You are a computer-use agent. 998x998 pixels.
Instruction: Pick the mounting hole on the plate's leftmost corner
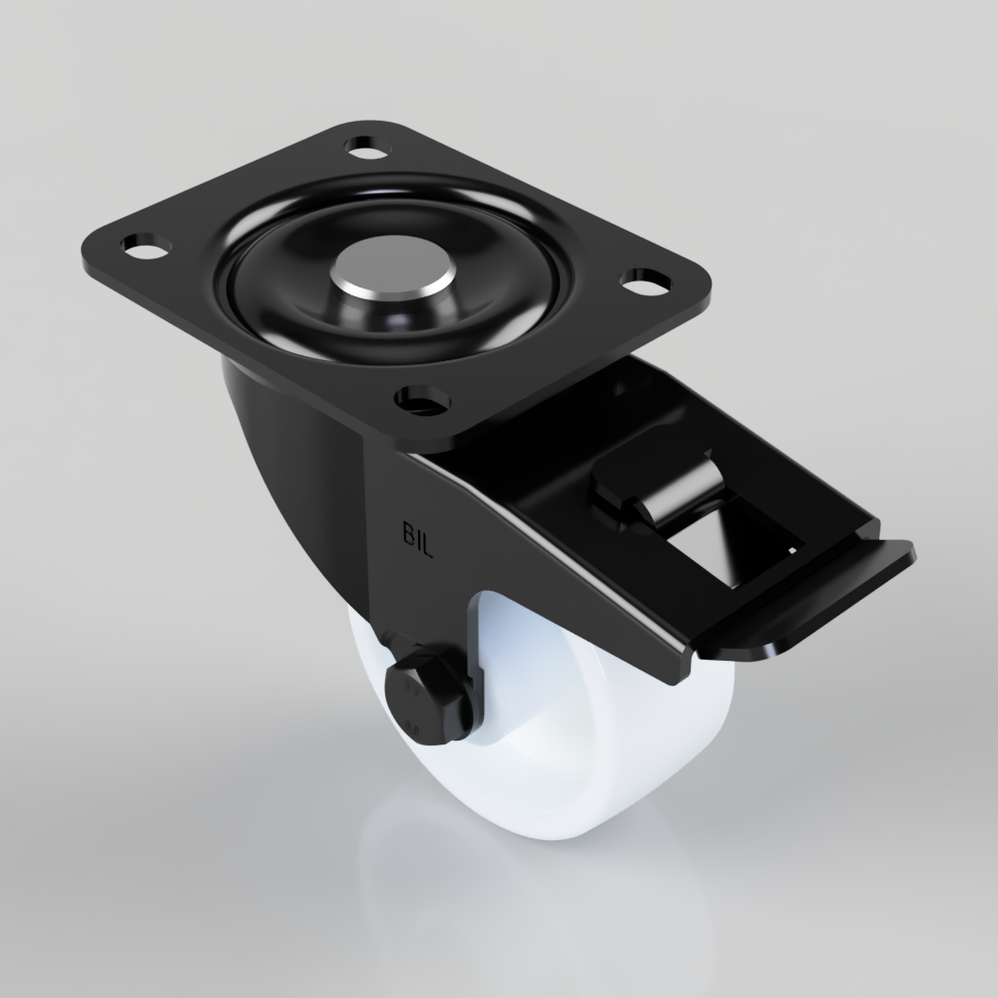coord(139,245)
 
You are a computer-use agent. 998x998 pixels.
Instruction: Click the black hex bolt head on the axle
coord(427,693)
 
